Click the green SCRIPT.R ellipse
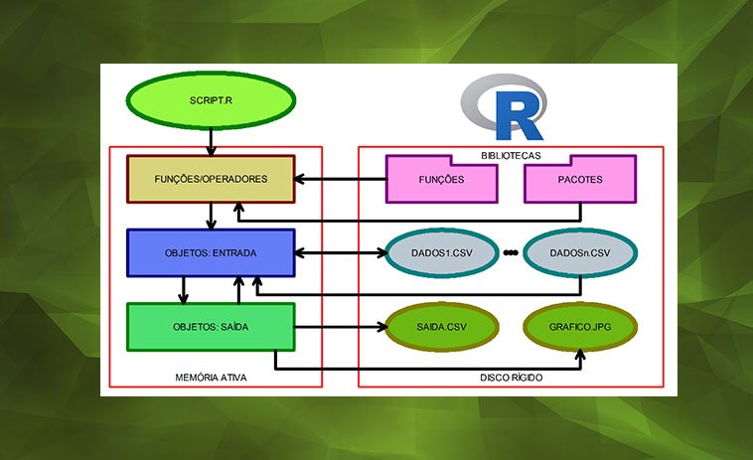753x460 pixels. click(x=210, y=101)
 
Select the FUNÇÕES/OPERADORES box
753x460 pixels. click(x=210, y=180)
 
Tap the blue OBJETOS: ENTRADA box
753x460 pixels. click(x=211, y=253)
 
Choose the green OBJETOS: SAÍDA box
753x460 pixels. click(x=211, y=326)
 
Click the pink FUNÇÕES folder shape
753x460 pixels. click(x=441, y=180)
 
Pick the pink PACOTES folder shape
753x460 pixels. click(x=579, y=180)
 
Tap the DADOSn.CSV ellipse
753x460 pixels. click(x=579, y=253)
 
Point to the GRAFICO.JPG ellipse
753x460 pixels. click(x=579, y=326)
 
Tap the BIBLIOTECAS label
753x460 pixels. click(x=511, y=155)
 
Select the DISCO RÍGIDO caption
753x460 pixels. click(x=511, y=378)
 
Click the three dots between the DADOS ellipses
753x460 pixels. click(x=511, y=253)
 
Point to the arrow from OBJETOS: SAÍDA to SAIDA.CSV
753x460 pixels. click(x=338, y=326)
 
